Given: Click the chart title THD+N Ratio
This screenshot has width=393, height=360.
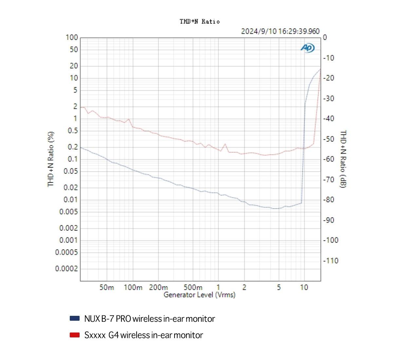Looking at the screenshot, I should (x=199, y=22).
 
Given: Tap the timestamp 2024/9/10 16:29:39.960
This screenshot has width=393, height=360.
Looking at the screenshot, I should (x=280, y=31).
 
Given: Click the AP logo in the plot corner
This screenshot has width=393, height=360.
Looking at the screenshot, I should (x=308, y=48).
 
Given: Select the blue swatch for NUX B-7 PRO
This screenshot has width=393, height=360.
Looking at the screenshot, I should (x=75, y=318).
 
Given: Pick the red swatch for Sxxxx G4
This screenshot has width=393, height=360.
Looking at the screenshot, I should (x=75, y=335).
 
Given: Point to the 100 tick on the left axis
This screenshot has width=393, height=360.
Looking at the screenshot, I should (x=72, y=38).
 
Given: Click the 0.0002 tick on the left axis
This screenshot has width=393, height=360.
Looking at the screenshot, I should (x=66, y=269).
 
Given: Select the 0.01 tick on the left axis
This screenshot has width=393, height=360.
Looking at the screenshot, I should (x=71, y=200).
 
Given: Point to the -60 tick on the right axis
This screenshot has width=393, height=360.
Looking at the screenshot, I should (x=329, y=159).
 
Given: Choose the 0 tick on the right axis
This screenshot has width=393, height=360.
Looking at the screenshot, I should (x=325, y=38).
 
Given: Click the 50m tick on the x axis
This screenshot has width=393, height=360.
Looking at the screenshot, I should (x=106, y=288).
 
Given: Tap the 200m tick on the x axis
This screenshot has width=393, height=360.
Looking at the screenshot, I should (x=158, y=288).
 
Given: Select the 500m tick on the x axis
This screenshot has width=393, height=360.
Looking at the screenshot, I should (x=193, y=288).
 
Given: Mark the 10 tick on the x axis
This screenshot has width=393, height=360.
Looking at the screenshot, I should (x=304, y=288).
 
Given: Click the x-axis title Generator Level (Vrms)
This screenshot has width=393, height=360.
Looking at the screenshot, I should (x=199, y=295).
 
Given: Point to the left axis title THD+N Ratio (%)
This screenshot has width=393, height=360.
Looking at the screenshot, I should (x=51, y=159).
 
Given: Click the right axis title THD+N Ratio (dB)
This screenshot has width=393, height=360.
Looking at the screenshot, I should (x=343, y=159).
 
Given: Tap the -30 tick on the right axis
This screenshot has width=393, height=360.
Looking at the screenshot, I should (x=329, y=99).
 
